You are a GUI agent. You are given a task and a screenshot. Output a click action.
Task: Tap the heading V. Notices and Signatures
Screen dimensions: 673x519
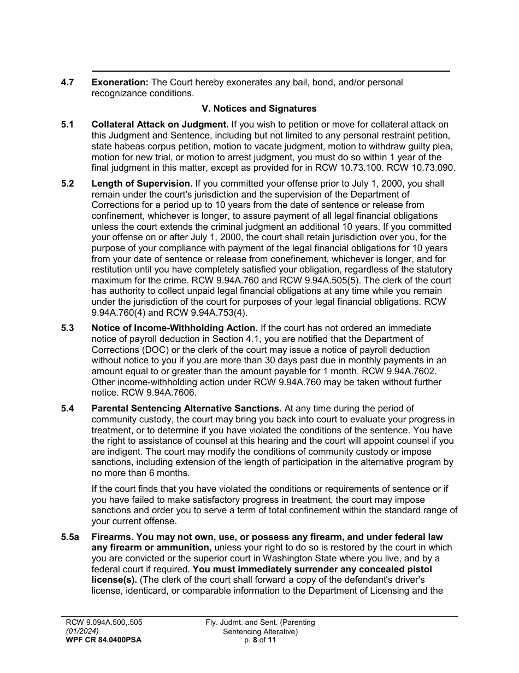click(259, 108)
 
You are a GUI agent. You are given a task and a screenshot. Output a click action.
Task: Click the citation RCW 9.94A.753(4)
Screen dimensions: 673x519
click(210, 312)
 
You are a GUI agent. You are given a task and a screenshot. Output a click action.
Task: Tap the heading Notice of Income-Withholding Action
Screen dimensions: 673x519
click(174, 328)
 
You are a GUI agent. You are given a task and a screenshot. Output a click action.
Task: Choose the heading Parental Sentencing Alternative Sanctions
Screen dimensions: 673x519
click(186, 409)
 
